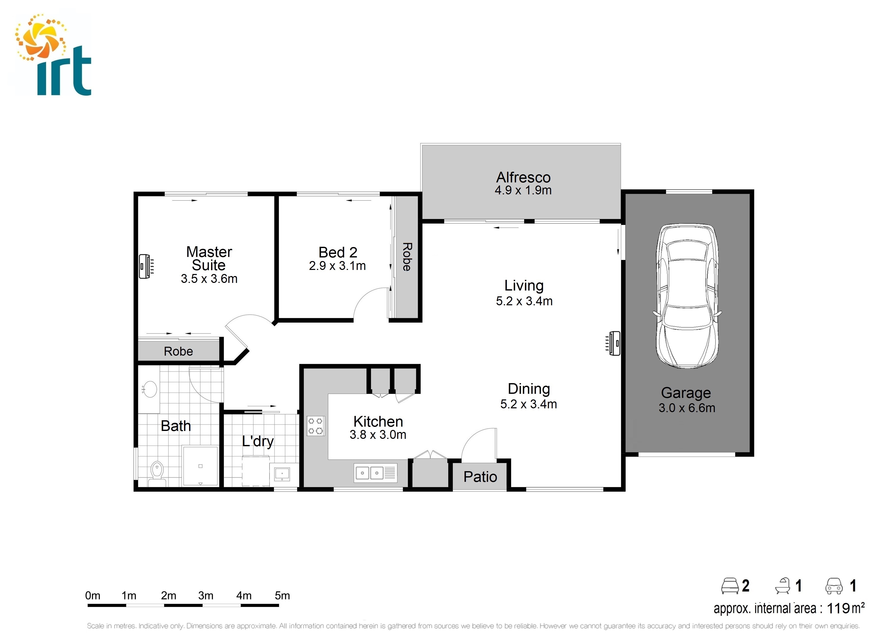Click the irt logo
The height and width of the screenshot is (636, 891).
[x=53, y=55]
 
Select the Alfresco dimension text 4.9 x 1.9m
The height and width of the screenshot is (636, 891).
[x=523, y=190]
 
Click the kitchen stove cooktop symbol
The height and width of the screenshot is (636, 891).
[x=315, y=426]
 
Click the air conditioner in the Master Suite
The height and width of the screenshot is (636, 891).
[x=145, y=267]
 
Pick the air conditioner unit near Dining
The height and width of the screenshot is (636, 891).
[x=614, y=343]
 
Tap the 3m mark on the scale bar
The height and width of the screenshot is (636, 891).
[x=206, y=596]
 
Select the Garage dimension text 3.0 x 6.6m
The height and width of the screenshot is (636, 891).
[x=687, y=408]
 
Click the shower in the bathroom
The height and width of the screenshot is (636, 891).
[x=200, y=466]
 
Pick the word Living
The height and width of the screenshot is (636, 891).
[x=524, y=285]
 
